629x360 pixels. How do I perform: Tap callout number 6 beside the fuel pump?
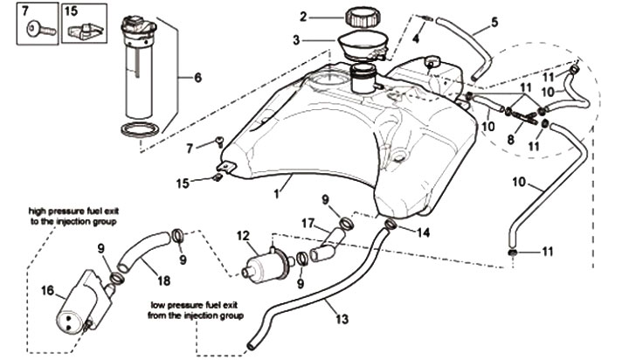tap(197, 78)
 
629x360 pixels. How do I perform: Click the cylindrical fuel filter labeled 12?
tap(266, 267)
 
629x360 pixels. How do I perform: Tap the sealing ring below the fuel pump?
tap(140, 130)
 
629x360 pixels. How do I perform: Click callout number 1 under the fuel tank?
tap(276, 194)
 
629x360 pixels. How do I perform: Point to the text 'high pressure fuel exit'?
tap(73, 211)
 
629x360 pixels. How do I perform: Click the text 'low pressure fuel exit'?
tap(195, 306)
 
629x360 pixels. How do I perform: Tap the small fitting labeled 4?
tap(427, 17)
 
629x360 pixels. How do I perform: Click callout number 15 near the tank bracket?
tap(183, 183)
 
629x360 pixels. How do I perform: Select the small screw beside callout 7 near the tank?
tap(219, 142)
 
